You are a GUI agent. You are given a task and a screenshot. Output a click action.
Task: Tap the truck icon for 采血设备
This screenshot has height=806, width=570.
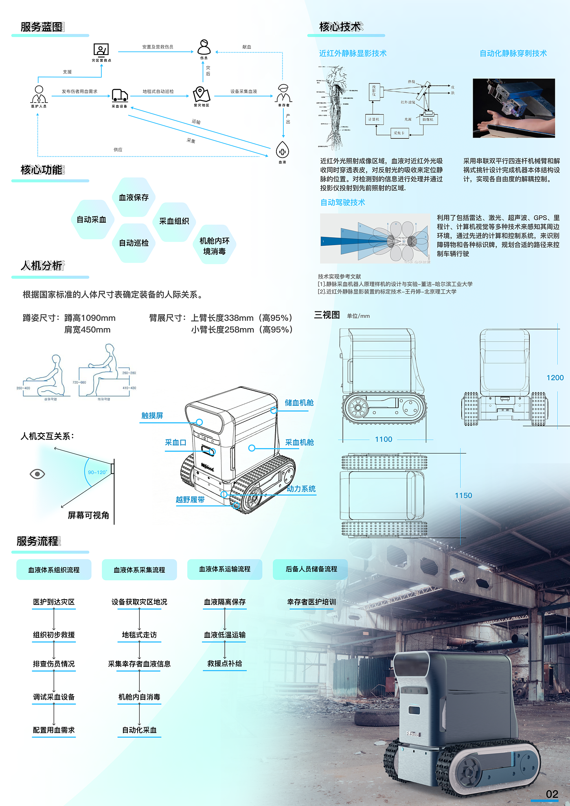[120, 95]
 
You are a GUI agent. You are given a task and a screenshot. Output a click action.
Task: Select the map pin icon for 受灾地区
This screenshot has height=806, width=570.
[202, 94]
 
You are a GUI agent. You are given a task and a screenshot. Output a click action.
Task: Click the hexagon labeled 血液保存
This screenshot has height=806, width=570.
[134, 197]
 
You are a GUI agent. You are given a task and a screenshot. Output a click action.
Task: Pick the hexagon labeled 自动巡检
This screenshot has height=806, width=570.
[134, 243]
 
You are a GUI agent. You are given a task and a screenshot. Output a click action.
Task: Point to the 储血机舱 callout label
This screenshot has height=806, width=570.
[299, 403]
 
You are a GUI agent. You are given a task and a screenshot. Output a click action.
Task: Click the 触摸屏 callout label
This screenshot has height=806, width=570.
[152, 416]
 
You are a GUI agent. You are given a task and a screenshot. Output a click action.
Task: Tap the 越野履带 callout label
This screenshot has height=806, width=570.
[190, 499]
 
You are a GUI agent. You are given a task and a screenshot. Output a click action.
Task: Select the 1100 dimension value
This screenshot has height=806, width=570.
[384, 439]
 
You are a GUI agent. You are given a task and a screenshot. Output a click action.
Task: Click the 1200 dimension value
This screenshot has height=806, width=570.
[555, 378]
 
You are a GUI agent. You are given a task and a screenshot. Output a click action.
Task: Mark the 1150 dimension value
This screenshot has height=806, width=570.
[463, 495]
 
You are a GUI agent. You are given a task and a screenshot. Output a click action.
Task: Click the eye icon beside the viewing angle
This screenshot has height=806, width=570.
[37, 474]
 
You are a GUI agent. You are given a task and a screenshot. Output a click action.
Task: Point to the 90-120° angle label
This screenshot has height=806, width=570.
[97, 472]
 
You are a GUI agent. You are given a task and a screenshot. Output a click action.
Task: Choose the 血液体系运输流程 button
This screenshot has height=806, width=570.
[224, 569]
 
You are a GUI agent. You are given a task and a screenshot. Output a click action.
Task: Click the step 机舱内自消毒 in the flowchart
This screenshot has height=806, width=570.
[139, 697]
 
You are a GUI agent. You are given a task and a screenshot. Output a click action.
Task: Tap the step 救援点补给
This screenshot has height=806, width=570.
[224, 664]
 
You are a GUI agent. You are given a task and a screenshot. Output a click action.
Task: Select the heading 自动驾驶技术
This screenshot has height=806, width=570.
[342, 202]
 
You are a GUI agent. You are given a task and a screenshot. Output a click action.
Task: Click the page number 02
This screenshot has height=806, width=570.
[552, 794]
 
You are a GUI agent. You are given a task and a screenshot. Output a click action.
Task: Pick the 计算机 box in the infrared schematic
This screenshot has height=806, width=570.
[373, 119]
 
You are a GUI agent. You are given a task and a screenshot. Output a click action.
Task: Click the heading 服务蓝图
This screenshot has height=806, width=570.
[42, 27]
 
